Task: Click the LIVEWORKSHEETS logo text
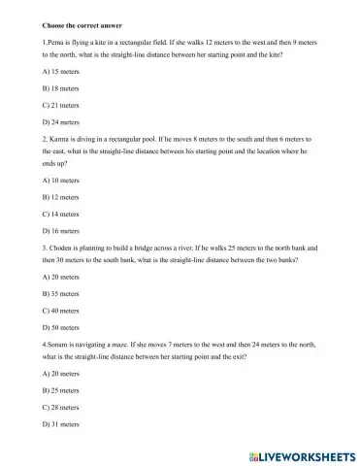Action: [x=297, y=454]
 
